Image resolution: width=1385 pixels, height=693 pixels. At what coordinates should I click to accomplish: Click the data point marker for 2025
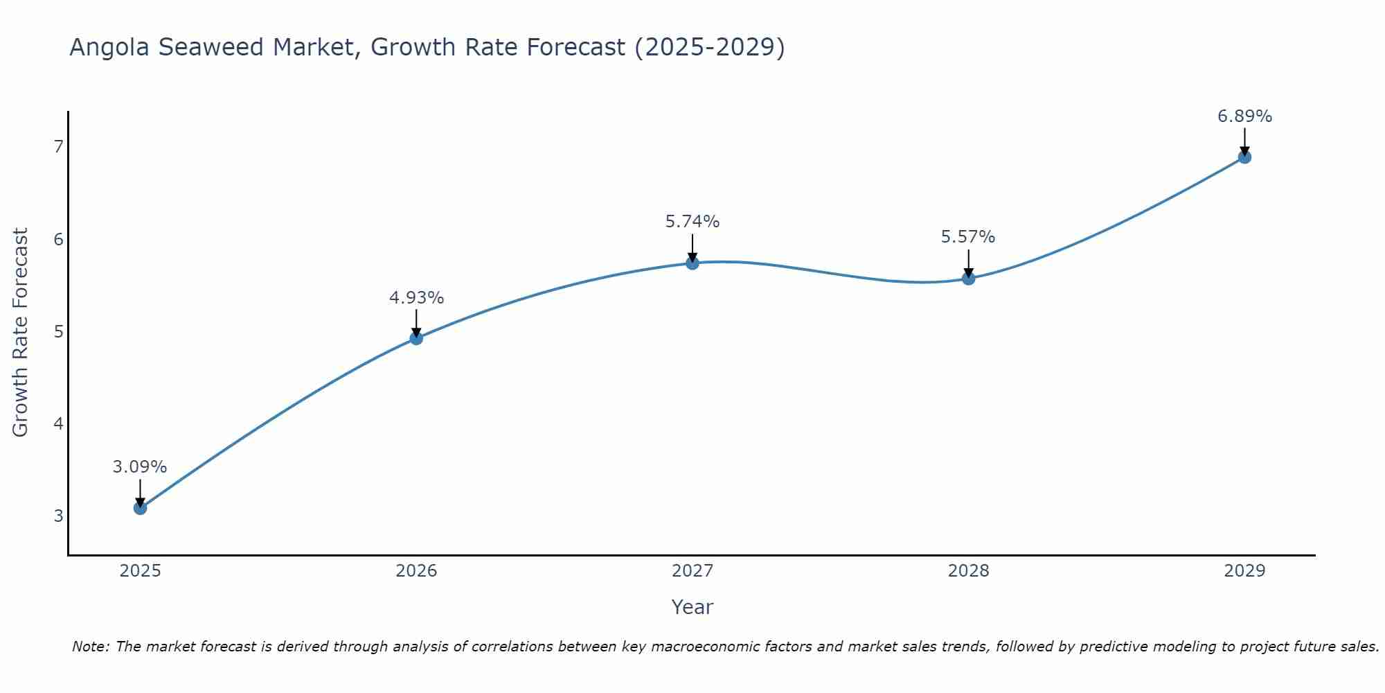[140, 508]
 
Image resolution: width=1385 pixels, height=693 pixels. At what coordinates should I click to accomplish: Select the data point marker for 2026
[416, 338]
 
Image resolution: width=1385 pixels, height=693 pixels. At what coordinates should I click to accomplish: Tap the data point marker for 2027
[692, 263]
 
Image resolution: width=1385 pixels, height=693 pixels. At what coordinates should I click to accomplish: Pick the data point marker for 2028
[969, 279]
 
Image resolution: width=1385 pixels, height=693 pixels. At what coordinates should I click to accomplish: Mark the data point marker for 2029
[1244, 157]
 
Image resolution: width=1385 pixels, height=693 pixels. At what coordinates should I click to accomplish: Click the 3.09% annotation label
[140, 467]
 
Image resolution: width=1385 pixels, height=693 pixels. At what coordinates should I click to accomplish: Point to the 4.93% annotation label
[416, 298]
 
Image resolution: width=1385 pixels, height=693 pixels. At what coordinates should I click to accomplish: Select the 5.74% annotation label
[692, 222]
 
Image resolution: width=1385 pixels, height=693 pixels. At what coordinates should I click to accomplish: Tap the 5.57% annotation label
[968, 237]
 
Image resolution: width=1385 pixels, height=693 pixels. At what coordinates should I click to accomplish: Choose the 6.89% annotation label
[1244, 116]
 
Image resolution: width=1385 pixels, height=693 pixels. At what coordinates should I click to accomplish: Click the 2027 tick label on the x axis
[692, 571]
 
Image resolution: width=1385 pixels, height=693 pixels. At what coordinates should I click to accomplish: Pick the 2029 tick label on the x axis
[1244, 571]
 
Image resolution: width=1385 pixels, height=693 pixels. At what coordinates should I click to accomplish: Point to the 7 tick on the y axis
[58, 146]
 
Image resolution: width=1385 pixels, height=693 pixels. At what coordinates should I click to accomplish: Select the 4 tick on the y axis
[58, 423]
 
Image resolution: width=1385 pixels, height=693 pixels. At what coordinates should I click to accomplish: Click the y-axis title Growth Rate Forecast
[21, 333]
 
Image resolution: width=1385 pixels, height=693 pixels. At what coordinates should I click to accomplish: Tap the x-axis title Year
[692, 607]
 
